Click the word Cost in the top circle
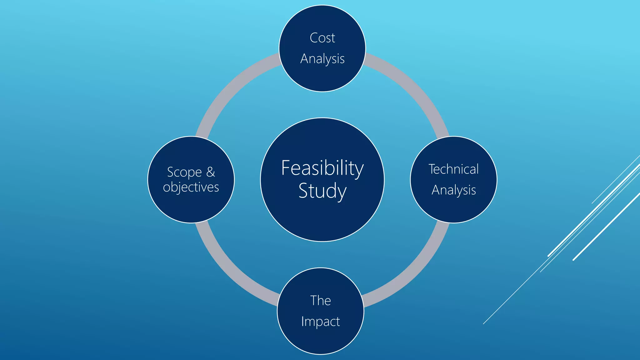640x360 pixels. tap(322, 38)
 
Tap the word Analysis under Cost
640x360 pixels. tap(322, 59)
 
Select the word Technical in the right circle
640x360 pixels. tap(453, 169)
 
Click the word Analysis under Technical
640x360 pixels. tap(453, 190)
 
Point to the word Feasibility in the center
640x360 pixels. tap(322, 168)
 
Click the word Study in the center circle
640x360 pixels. tap(322, 191)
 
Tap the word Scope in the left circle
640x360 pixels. tap(184, 172)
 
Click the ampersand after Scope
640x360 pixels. tap(211, 172)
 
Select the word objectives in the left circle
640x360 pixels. tap(191, 187)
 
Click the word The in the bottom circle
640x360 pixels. tap(320, 301)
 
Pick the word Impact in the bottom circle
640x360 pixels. tap(320, 322)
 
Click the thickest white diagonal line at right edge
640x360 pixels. tap(606, 227)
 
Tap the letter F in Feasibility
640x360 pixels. tap(286, 168)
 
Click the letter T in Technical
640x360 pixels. tap(432, 169)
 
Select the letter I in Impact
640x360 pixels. tap(302, 321)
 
